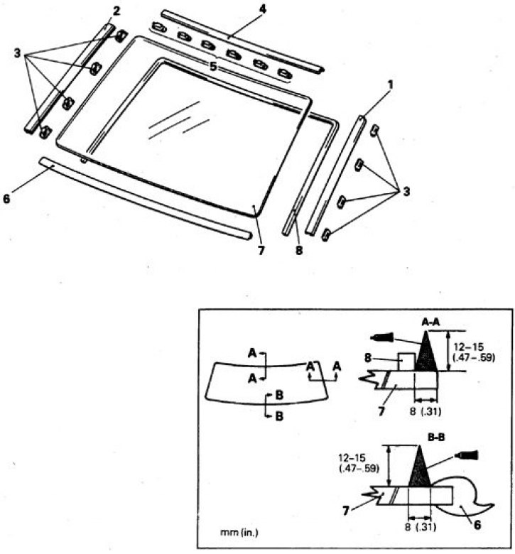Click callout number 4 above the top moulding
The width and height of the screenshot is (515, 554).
[x=262, y=9]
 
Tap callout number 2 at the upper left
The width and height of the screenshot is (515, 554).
[x=116, y=11]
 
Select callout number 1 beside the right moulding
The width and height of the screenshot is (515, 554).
[x=390, y=85]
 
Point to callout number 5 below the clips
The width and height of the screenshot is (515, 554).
[x=213, y=66]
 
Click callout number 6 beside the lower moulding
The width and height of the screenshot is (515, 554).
[x=6, y=199]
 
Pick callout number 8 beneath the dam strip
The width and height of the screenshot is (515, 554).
[x=299, y=251]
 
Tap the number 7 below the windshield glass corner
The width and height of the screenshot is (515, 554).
[x=261, y=251]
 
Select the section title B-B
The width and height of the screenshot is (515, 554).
[x=436, y=438]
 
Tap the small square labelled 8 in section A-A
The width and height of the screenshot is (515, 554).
[x=406, y=362]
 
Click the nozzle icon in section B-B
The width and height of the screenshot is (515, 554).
[x=466, y=455]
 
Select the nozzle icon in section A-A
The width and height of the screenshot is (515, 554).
[x=381, y=337]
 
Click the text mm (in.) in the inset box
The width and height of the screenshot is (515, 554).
[x=239, y=532]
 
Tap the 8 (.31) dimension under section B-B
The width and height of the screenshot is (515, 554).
[x=421, y=527]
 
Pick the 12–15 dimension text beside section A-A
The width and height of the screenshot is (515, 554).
[x=469, y=347]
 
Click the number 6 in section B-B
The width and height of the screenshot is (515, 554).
[x=477, y=525]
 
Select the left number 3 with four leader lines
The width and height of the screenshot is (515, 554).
[x=17, y=54]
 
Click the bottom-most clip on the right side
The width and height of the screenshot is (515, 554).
[x=326, y=235]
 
